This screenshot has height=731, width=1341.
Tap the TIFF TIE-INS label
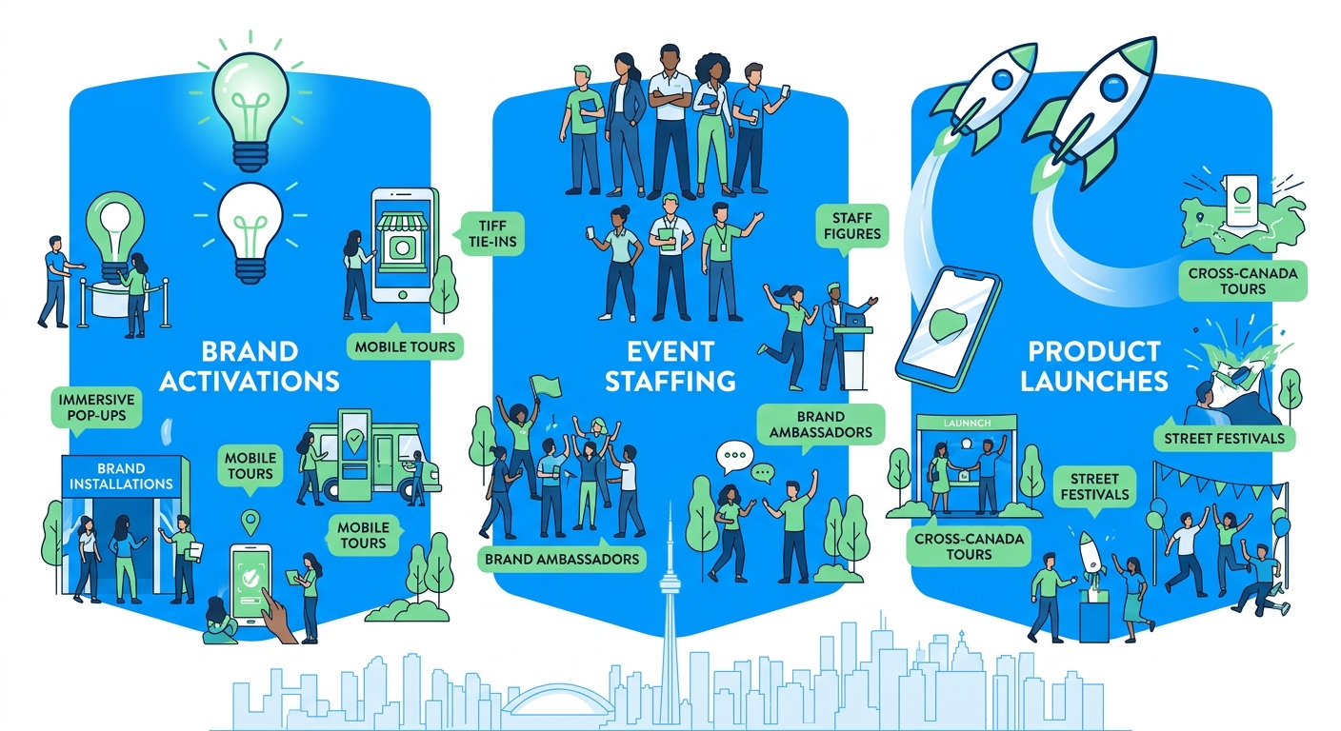pyautogui.click(x=488, y=233)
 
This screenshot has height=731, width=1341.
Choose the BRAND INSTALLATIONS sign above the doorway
pyautogui.click(x=121, y=476)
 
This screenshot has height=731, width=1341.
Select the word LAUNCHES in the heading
pyautogui.click(x=1093, y=381)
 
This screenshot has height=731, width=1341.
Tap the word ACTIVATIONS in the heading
pyautogui.click(x=250, y=381)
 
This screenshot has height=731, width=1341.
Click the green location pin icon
pyautogui.click(x=251, y=522)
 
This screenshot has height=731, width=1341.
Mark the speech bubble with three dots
pyautogui.click(x=734, y=457)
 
